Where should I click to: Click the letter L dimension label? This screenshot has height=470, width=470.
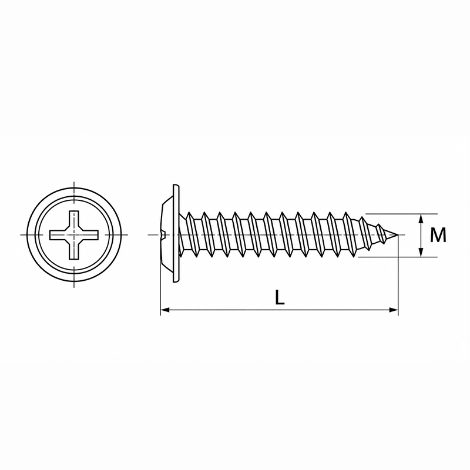click(x=280, y=297)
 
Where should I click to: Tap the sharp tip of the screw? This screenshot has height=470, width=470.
click(x=398, y=234)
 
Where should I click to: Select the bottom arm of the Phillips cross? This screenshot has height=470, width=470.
click(x=74, y=249)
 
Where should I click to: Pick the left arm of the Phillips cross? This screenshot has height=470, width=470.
click(x=59, y=235)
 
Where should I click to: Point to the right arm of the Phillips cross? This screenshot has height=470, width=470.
click(x=89, y=235)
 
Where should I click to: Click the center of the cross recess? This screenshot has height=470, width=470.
click(x=74, y=235)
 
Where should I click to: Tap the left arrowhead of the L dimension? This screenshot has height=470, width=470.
click(x=165, y=310)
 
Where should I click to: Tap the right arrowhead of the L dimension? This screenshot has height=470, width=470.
click(x=394, y=310)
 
